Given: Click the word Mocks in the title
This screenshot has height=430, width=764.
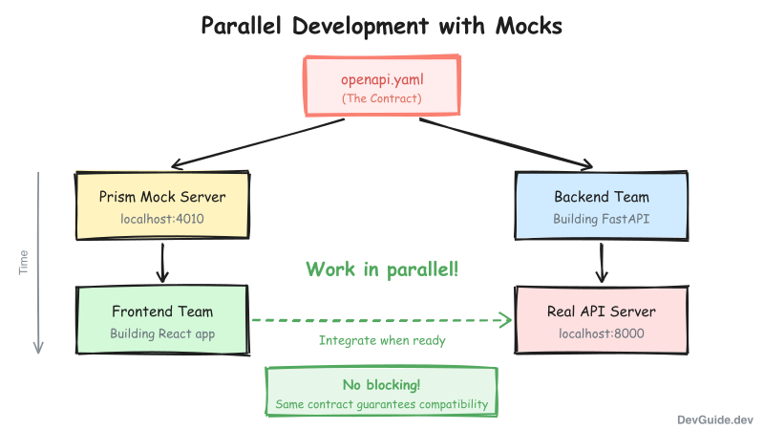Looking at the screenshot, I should pos(528,26).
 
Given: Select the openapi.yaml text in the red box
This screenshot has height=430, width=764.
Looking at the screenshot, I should pos(382,79).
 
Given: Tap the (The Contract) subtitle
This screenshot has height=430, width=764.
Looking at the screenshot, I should pos(382,98).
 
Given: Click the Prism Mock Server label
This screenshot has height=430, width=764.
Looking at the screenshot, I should pos(162,197).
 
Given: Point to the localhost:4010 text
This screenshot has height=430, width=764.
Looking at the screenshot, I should pos(162,219).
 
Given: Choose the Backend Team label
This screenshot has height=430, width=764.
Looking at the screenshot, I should pos(602,197).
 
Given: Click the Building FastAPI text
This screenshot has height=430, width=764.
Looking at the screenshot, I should pos(602,219).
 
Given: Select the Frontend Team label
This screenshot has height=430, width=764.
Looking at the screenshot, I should pos(162,312).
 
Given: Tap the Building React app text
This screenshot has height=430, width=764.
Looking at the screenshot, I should pos(162,333).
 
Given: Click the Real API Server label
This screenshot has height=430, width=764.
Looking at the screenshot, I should pos(602,312).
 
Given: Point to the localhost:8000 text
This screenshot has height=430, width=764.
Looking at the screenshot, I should pos(602,333).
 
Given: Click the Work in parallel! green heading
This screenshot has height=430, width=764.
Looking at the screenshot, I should pos(382,269).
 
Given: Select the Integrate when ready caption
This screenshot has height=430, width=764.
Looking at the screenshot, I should pos(382,340).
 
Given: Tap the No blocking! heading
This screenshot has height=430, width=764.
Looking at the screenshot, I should pos(382,385).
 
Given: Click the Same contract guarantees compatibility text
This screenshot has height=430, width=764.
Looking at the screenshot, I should pos(382,404).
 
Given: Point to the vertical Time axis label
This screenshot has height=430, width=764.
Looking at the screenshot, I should pos(25,262).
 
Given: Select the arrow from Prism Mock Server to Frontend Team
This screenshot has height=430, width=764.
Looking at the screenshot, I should pos(162,262).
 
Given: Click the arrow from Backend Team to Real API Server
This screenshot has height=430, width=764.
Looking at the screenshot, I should pos(602,262).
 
